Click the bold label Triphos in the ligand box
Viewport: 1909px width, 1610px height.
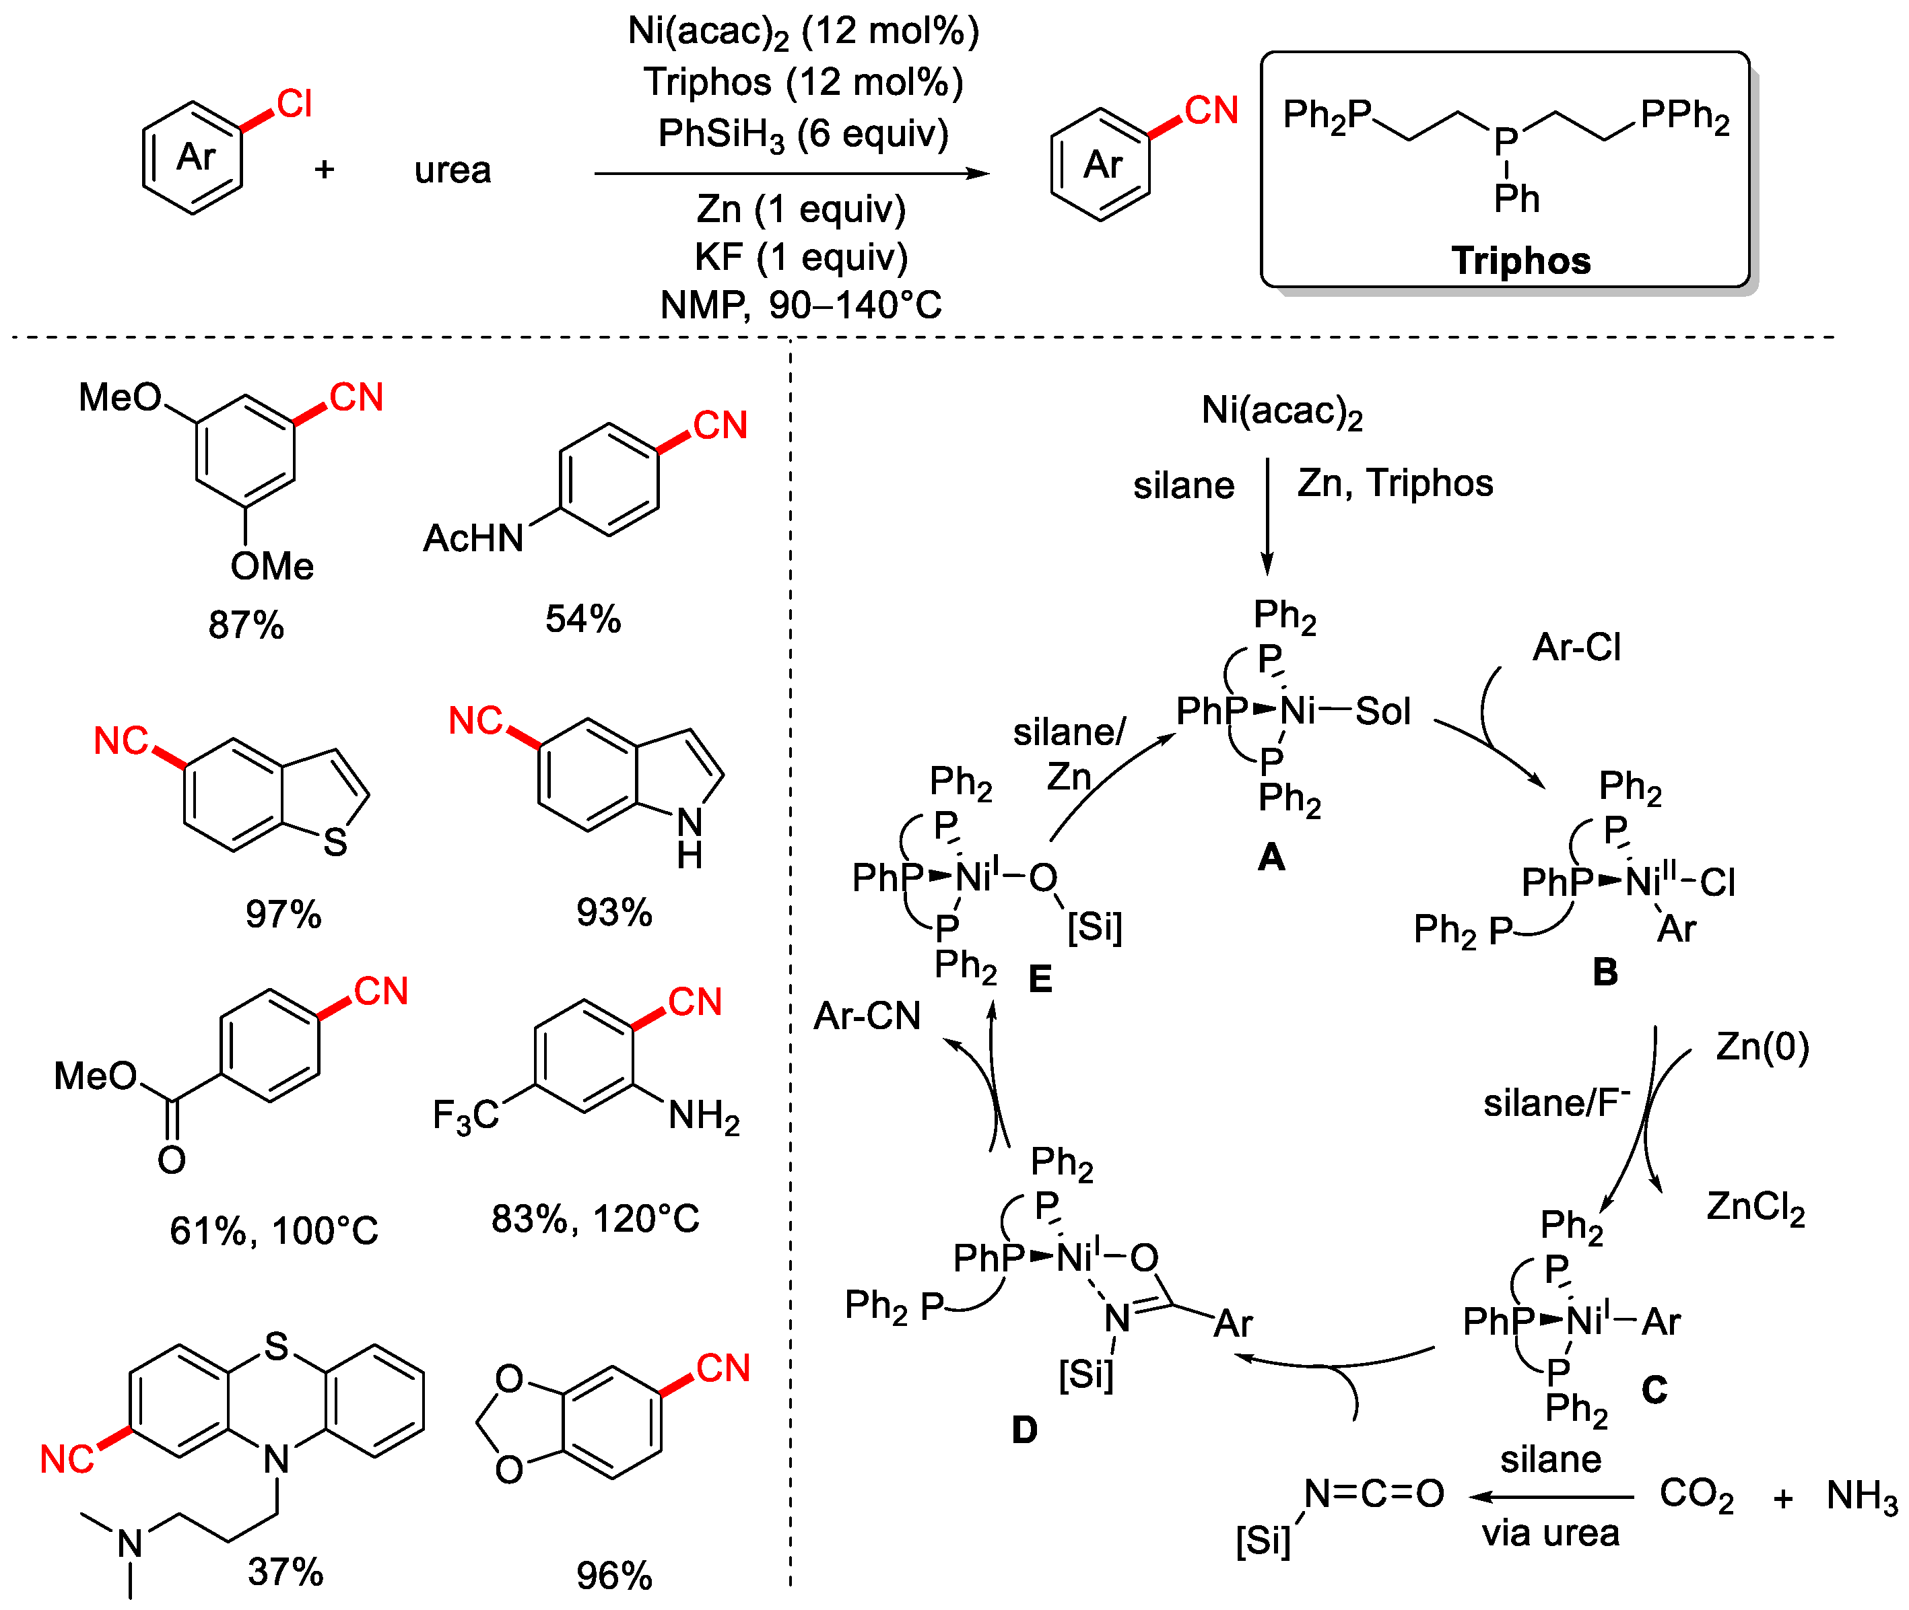click(x=1521, y=261)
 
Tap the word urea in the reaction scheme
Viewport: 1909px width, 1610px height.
click(x=452, y=170)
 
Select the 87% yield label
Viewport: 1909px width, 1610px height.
click(x=246, y=625)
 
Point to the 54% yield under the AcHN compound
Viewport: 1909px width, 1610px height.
click(x=582, y=619)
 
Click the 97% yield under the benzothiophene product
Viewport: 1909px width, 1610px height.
click(x=283, y=913)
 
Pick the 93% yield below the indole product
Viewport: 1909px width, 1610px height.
click(x=613, y=912)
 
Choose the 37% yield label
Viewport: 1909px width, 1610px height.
click(x=285, y=1572)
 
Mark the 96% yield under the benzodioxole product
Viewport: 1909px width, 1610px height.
click(x=613, y=1575)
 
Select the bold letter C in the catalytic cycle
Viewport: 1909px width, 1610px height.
click(x=1654, y=1390)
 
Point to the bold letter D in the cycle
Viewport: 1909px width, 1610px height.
click(x=1024, y=1430)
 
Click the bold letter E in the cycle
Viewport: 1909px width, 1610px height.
click(x=1040, y=979)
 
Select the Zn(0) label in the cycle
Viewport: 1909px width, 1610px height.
click(x=1762, y=1046)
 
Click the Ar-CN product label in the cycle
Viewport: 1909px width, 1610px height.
click(x=867, y=1016)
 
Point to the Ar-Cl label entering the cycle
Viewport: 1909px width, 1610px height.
click(x=1576, y=647)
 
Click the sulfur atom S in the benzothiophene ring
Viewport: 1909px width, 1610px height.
click(x=335, y=841)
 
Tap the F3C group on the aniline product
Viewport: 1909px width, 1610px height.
click(x=465, y=1116)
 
